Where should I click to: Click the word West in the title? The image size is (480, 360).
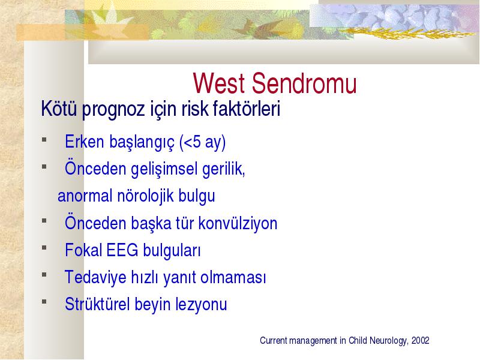219,83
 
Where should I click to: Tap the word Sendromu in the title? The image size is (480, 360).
305,83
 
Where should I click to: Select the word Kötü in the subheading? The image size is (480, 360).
59,108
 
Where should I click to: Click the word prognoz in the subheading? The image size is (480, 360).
113,110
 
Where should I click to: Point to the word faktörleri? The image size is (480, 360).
247,108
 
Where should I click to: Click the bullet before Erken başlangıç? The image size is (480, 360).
44,140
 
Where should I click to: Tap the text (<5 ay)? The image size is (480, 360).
203,142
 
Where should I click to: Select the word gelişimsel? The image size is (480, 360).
164,169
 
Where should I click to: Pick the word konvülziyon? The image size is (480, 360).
238,223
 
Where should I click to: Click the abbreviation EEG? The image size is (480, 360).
122,250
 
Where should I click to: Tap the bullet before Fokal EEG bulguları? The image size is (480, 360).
44,248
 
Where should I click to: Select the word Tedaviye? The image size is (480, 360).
95,278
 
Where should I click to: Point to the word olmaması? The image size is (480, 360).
233,277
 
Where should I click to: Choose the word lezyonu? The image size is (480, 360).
201,305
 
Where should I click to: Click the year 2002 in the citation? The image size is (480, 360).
421,340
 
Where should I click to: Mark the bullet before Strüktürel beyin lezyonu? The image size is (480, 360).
44,302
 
